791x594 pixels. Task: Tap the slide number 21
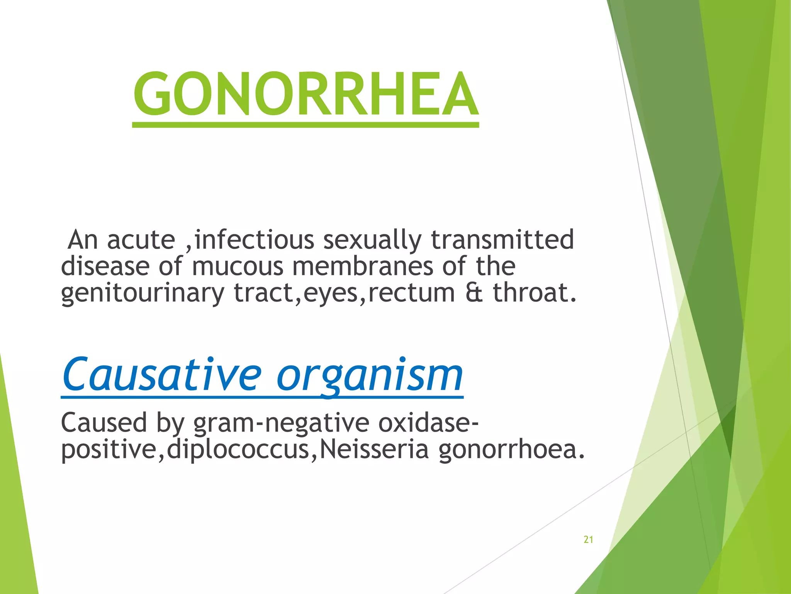[588, 539]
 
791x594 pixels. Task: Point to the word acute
[141, 240]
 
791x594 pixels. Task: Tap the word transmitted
[502, 240]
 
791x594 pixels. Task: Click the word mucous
[238, 266]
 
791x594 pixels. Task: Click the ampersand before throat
[474, 293]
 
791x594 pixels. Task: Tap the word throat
[535, 293]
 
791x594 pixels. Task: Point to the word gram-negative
[281, 423]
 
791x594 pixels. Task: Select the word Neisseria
[374, 449]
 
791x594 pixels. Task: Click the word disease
[105, 266]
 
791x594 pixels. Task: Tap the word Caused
[104, 423]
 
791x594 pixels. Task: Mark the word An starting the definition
[82, 240]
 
